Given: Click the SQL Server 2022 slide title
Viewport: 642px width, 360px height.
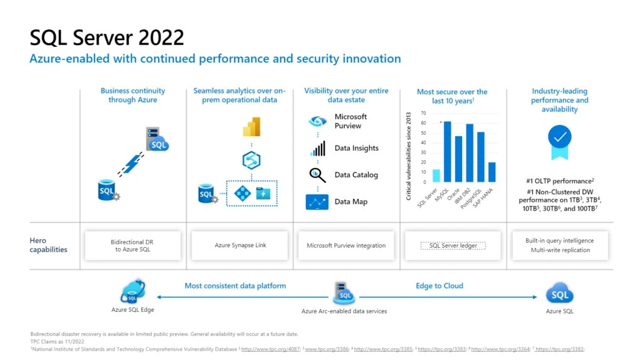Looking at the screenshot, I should tap(107, 38).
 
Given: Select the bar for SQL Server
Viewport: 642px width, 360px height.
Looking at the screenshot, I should tap(436, 176).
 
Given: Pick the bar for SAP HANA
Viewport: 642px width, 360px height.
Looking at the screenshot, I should tap(492, 172).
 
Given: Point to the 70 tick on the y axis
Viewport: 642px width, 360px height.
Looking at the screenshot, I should tap(423, 114).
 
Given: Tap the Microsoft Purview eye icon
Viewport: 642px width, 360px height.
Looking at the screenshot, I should tap(318, 122).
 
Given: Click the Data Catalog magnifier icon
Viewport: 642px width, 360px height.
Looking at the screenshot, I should tap(318, 175).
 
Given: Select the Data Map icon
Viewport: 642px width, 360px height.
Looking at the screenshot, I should tap(317, 202).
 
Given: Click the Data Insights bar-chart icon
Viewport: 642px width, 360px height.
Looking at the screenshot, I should tap(318, 149).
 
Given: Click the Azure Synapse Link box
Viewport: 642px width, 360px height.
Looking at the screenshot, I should tap(240, 245).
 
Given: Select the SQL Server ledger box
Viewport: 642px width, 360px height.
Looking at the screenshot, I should tap(453, 245).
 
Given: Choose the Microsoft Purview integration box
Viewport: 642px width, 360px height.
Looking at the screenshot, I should tap(346, 245).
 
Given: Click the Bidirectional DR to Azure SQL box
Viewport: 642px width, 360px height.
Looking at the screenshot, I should tap(132, 245).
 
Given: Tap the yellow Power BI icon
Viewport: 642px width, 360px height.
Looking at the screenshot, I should tap(251, 127).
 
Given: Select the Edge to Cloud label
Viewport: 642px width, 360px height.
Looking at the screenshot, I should tap(439, 286).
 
